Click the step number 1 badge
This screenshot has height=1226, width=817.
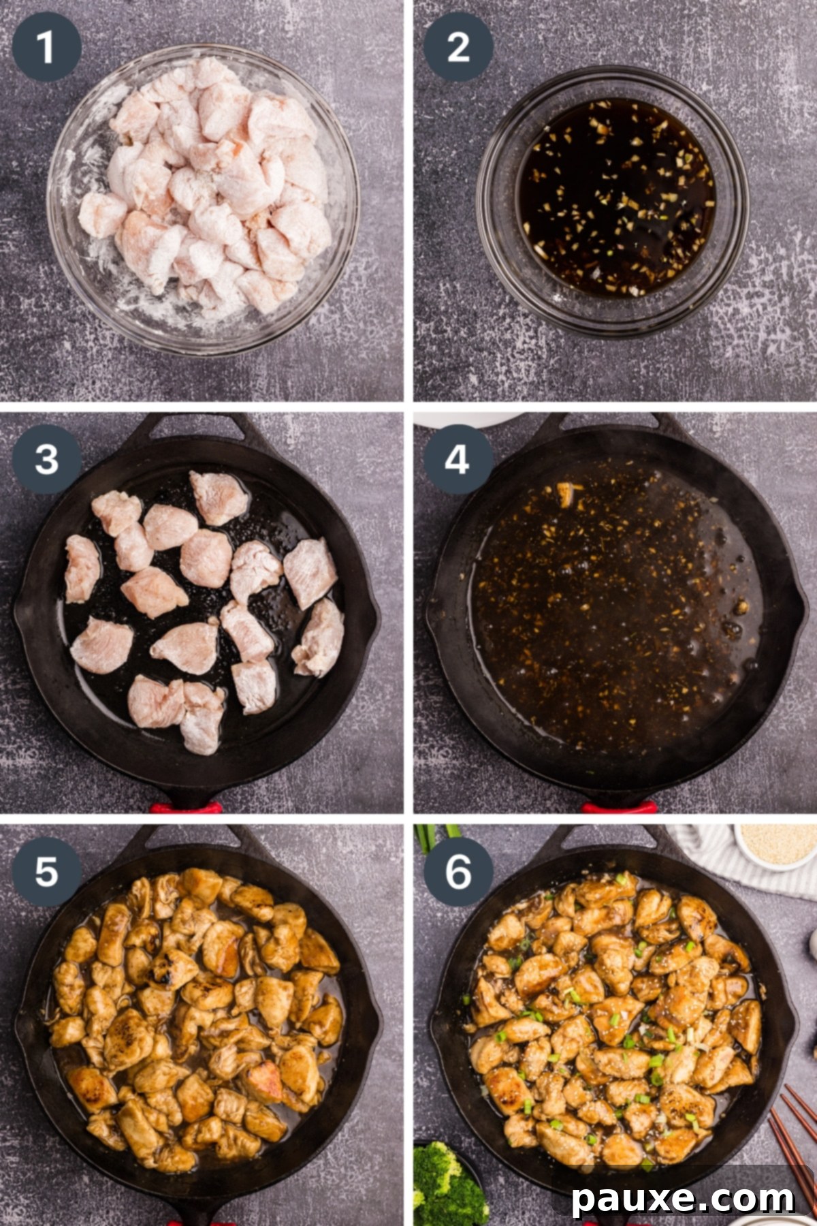pos(46,47)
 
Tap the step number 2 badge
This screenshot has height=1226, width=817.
pos(458,47)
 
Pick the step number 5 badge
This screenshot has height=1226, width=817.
pos(46,871)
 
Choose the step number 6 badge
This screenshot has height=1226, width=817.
pos(458,871)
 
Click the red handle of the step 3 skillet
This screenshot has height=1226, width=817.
pos(186,808)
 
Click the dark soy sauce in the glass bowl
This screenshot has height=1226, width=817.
pos(616,198)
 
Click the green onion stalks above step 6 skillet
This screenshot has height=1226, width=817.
pos(436,835)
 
